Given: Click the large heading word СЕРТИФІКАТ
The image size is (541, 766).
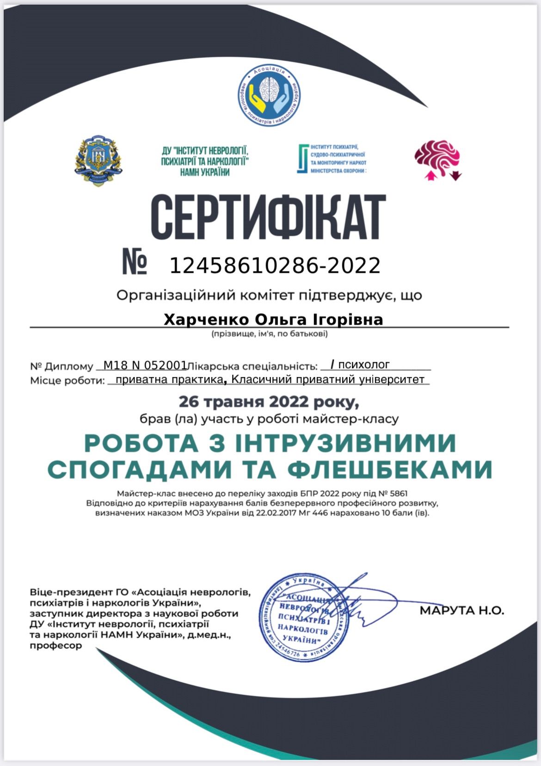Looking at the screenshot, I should click(268, 216).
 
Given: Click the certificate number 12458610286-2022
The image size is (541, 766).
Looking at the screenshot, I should click(275, 266).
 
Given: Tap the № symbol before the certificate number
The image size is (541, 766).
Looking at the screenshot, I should click(135, 262).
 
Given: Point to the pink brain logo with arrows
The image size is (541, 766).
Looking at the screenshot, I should click(437, 159).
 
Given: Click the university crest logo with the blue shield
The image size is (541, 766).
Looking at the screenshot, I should click(98, 160).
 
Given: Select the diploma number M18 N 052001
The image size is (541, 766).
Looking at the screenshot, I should click(145, 365).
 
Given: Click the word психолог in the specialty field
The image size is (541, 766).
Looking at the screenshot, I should click(364, 364).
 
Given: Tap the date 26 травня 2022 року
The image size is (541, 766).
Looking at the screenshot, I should click(269, 402).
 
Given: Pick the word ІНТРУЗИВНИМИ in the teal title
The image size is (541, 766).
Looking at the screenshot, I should click(346, 443).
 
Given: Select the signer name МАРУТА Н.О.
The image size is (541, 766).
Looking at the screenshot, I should click(461, 610).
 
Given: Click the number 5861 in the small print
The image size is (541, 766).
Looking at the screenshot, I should click(398, 494).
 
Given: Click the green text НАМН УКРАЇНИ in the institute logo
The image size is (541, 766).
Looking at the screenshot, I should click(205, 172).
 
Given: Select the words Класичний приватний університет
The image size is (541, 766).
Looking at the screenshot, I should click(327, 380).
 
